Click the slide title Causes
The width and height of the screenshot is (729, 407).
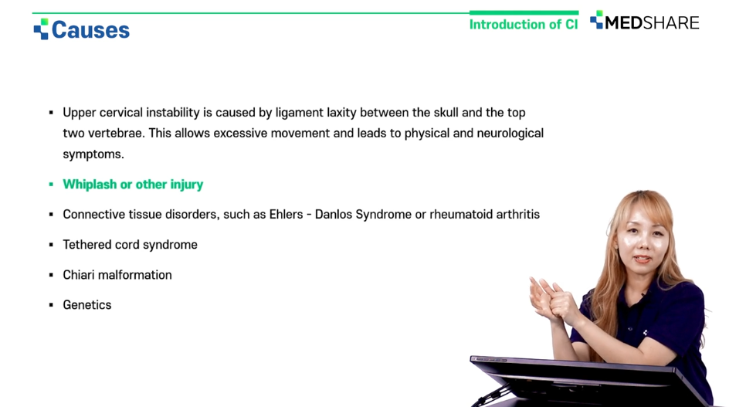pos(90,30)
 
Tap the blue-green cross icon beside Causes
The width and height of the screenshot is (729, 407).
pos(41,29)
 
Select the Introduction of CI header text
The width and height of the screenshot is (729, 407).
pos(524,24)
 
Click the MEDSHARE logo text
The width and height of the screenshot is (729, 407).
pos(652,23)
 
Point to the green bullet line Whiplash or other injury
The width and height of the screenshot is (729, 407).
pos(133,185)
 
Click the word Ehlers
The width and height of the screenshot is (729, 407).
pos(286,215)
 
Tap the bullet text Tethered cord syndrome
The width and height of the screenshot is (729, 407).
pos(131,245)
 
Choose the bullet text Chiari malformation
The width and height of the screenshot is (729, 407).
pos(117,275)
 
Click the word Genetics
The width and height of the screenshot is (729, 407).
pos(87,304)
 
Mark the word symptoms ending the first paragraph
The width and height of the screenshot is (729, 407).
pos(93,154)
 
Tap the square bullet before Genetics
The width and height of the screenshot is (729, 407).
pos(51,305)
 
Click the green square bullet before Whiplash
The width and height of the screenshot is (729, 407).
pos(51,185)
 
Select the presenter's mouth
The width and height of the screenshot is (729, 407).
pos(642,259)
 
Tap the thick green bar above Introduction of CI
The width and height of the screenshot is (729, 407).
pos(524,12)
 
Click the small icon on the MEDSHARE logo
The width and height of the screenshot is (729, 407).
pos(596,19)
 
